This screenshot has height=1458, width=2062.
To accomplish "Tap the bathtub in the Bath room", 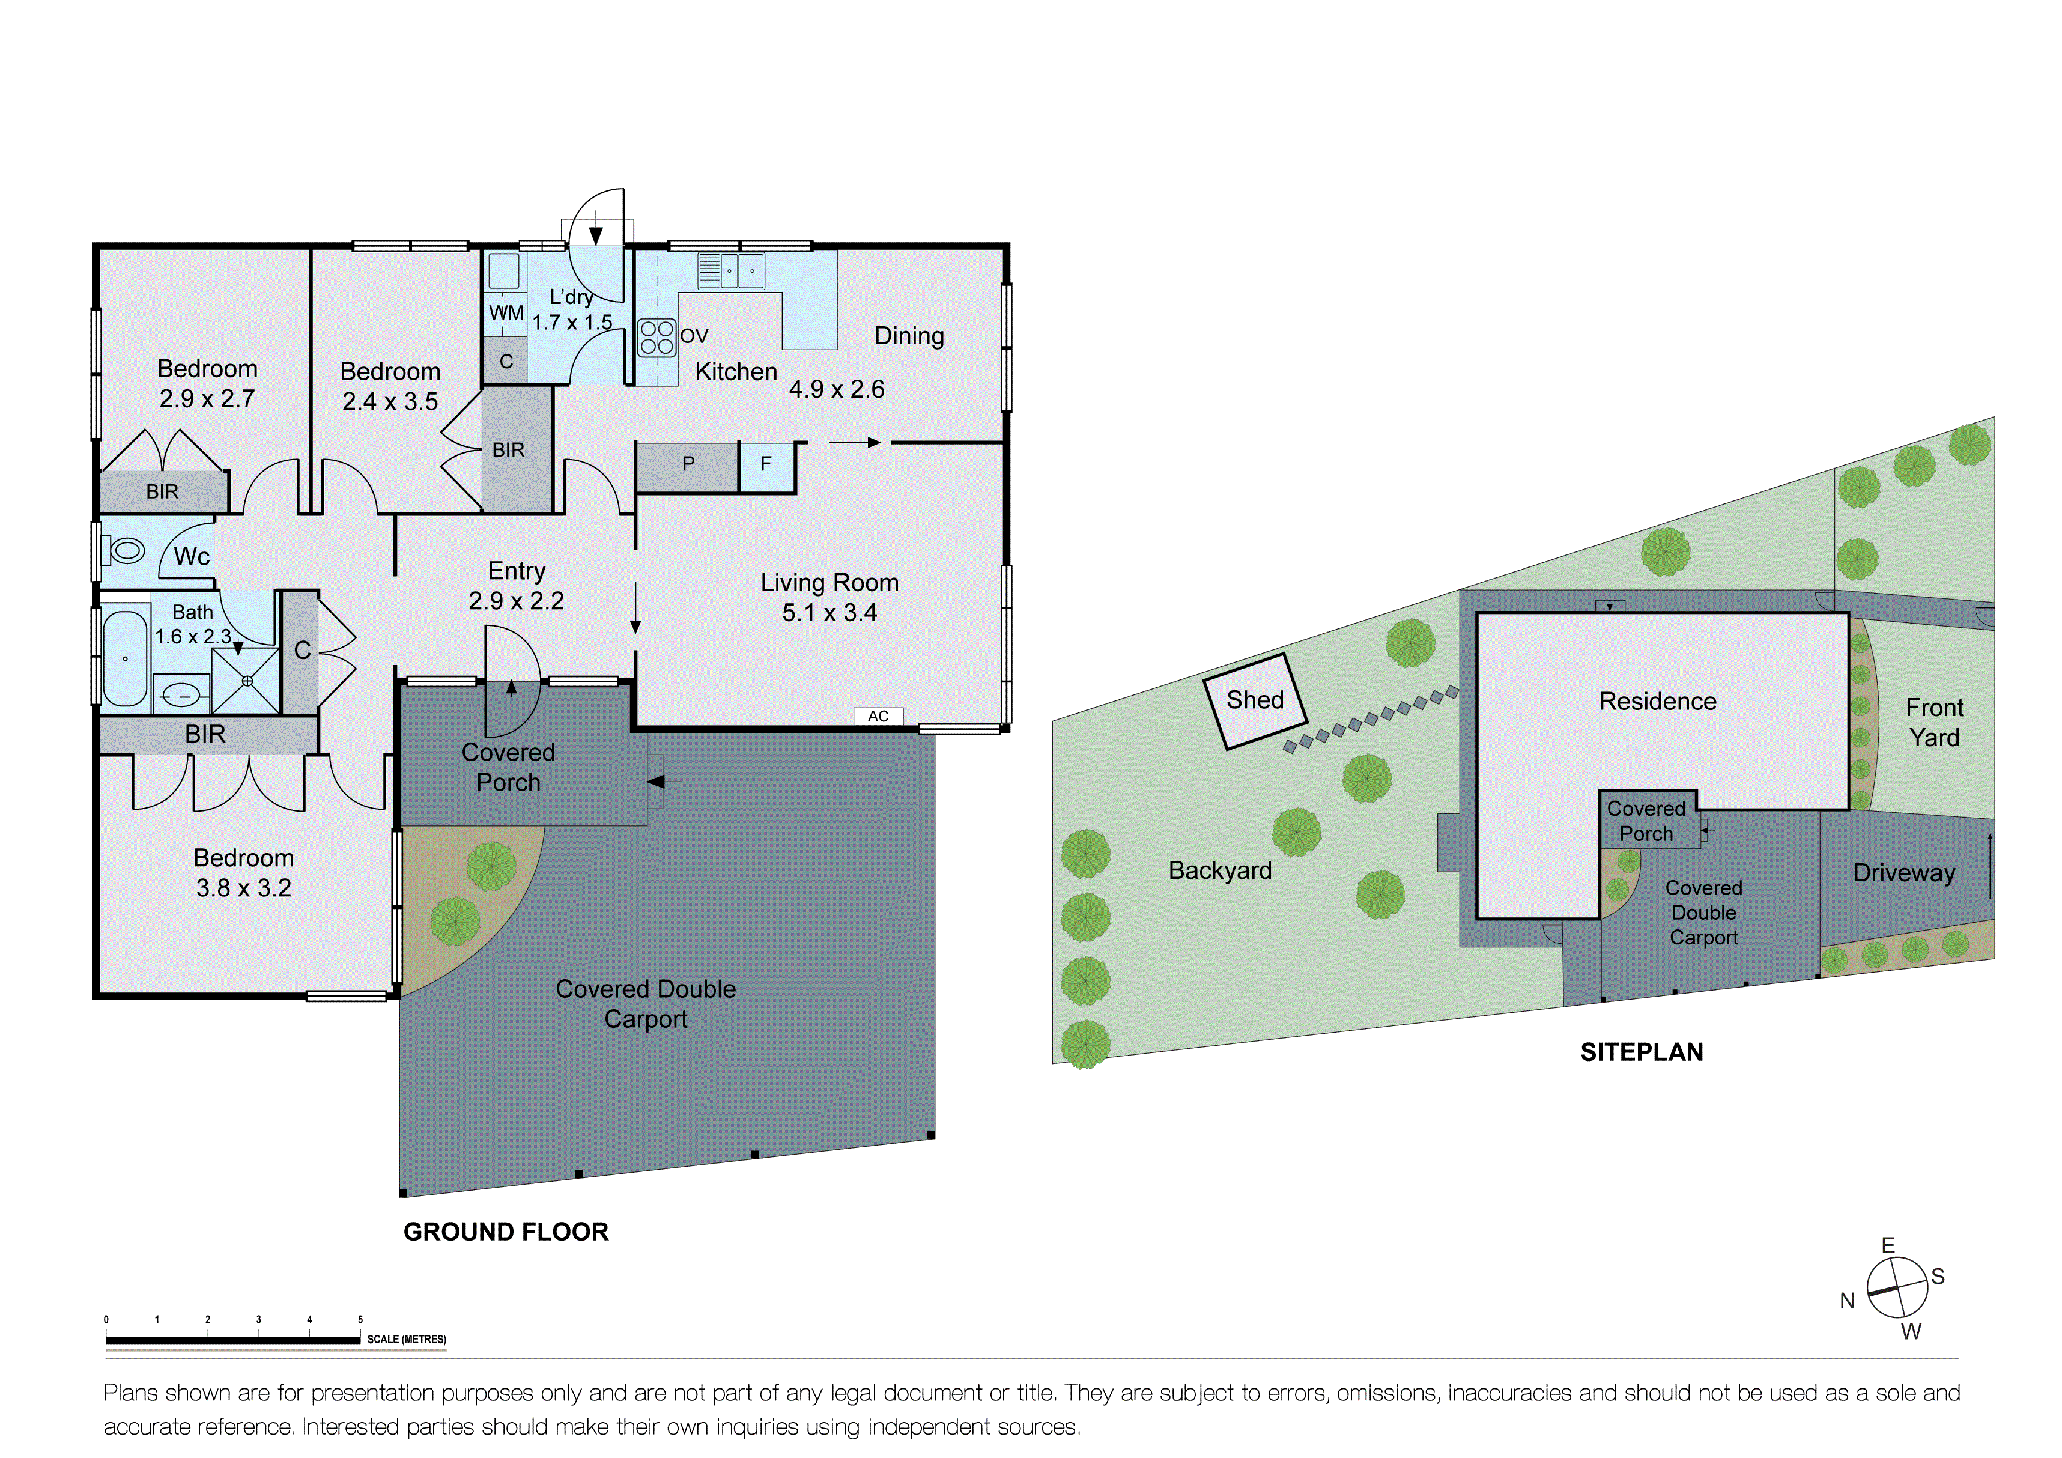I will pos(125,658).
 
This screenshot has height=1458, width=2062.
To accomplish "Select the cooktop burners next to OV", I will pos(657,338).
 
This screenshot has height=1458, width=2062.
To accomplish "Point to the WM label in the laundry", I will pos(506,312).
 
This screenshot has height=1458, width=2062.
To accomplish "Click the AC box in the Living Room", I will pos(878,716).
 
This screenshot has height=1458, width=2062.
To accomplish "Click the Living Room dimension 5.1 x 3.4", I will pos(829,613).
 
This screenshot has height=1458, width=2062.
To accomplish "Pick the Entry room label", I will pos(517,571).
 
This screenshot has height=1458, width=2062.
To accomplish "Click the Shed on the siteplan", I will pos(1255,700).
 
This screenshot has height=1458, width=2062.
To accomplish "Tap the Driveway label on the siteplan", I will pos(1904,873).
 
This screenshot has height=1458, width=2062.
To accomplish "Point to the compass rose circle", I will pos(1897,1287).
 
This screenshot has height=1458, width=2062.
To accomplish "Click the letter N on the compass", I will pos(1848,1301).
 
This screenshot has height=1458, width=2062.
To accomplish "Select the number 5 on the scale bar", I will pos(360,1320).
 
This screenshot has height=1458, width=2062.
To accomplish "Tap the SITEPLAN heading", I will pos(1641,1052).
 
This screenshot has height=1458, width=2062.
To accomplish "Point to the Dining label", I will pos(909,336).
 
